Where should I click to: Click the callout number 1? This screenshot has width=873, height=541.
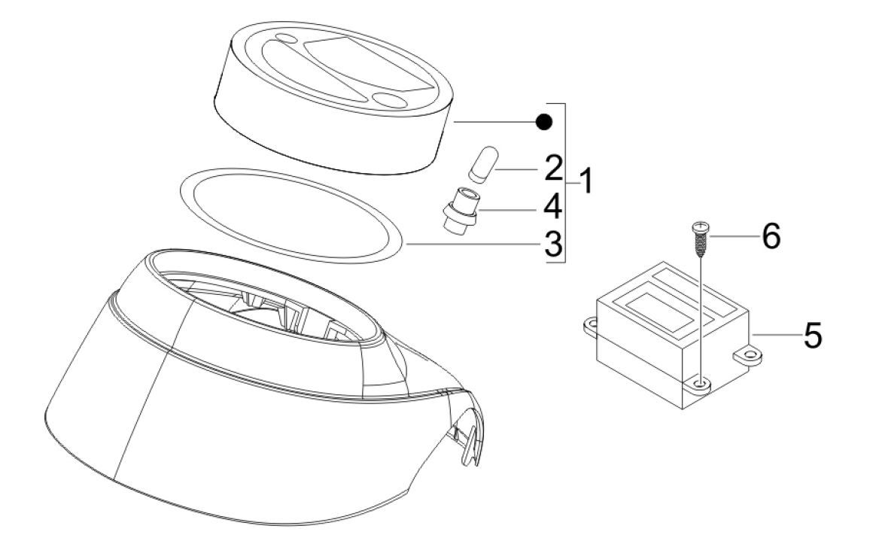pos(586,182)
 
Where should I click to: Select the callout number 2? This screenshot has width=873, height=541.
pos(553,168)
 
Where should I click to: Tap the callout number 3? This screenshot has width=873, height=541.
pos(553,245)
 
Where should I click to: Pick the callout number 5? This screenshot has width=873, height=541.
pos(812,336)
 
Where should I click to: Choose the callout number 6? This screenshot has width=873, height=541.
pos(771,236)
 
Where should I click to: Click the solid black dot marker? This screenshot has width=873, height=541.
pos(544,121)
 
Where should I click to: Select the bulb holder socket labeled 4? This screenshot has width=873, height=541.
pos(460,213)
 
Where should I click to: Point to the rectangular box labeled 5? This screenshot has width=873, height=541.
pos(673,335)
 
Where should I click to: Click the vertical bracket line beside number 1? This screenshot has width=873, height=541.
pos(566,182)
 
